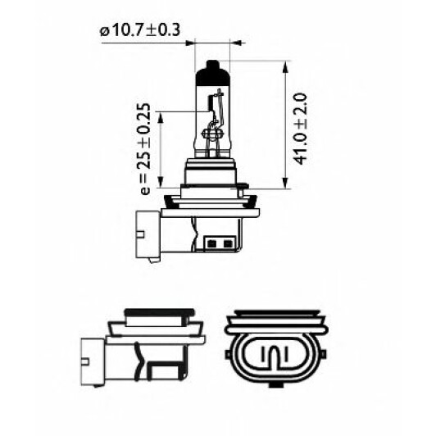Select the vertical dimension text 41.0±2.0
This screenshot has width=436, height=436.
tap(301, 129)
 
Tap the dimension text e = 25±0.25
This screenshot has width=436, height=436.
tap(144, 149)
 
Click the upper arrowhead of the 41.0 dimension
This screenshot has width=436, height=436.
tap(284, 67)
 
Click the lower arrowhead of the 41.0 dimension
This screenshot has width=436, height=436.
tap(284, 183)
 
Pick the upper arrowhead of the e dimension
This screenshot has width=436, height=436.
tap(160, 118)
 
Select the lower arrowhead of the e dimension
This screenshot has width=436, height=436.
tap(160, 182)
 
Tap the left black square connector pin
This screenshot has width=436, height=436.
tap(212, 244)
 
